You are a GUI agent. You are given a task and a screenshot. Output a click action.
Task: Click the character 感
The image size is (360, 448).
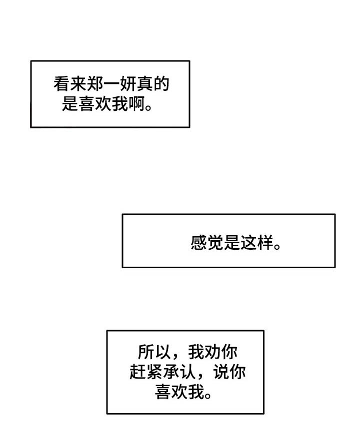pos(198,243)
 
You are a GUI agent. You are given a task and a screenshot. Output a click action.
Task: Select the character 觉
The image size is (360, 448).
pos(215,243)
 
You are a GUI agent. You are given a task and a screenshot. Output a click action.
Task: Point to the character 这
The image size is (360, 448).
pos(248,243)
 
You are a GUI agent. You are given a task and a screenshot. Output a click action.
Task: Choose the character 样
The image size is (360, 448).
pos(265,243)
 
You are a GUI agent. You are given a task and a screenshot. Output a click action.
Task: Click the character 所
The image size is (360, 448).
pos(145,352)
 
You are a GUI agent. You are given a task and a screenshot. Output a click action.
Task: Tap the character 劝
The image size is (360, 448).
pos(212,352)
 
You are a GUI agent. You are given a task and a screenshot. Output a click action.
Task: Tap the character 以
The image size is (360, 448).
pos(162,352)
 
